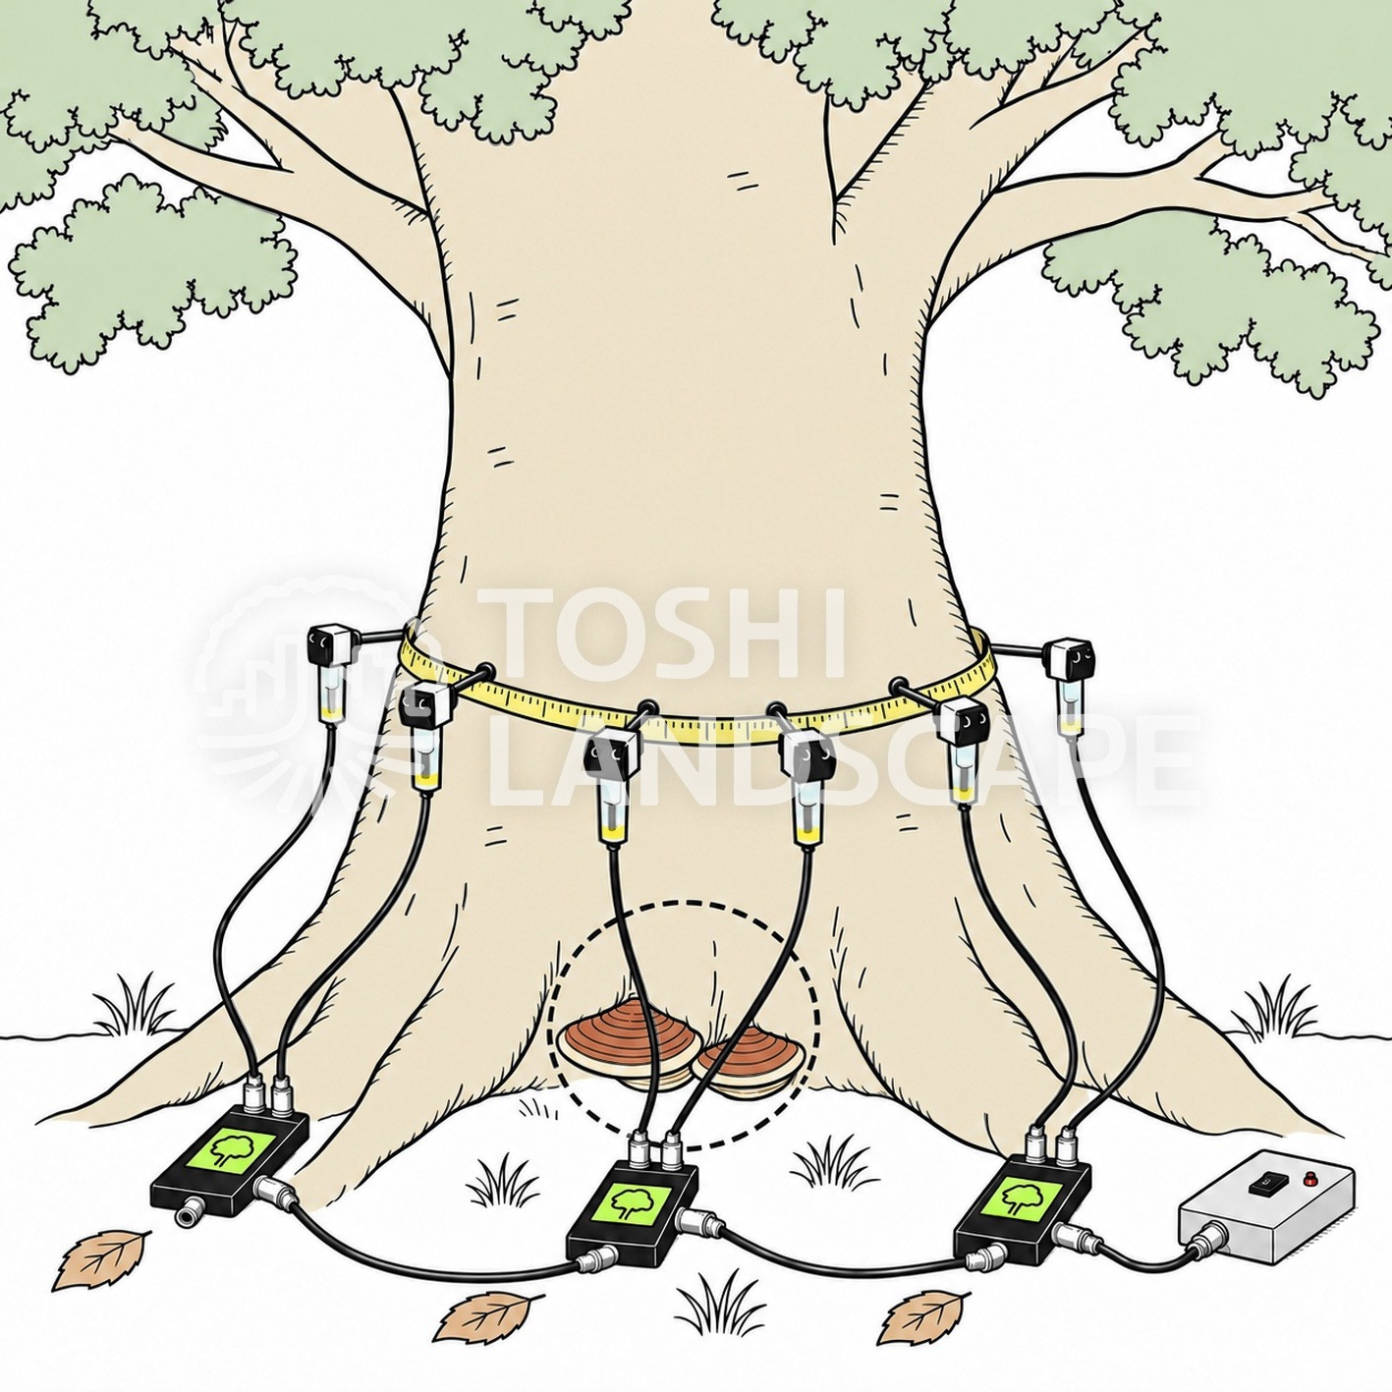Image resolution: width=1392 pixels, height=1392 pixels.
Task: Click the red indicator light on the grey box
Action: click(1308, 1181)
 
